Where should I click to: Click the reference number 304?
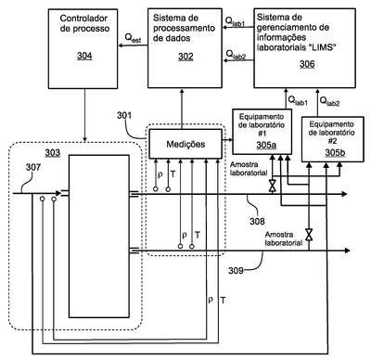[84, 56]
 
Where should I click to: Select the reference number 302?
[185, 57]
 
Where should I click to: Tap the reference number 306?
[307, 64]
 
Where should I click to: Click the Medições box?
[185, 144]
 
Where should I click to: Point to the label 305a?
[266, 146]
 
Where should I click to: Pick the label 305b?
[336, 153]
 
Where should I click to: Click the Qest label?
[133, 38]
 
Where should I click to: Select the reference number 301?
[124, 115]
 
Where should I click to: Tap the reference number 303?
[53, 152]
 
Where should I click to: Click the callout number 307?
[33, 167]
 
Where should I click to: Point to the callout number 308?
[257, 221]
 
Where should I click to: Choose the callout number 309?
[236, 271]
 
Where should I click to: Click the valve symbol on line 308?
[273, 186]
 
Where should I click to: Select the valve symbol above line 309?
[309, 235]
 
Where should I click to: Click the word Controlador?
[83, 19]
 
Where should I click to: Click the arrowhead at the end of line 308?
[344, 194]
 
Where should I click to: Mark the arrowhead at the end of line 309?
[347, 251]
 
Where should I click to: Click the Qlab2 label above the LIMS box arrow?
[329, 101]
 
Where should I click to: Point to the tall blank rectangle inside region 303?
[99, 237]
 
